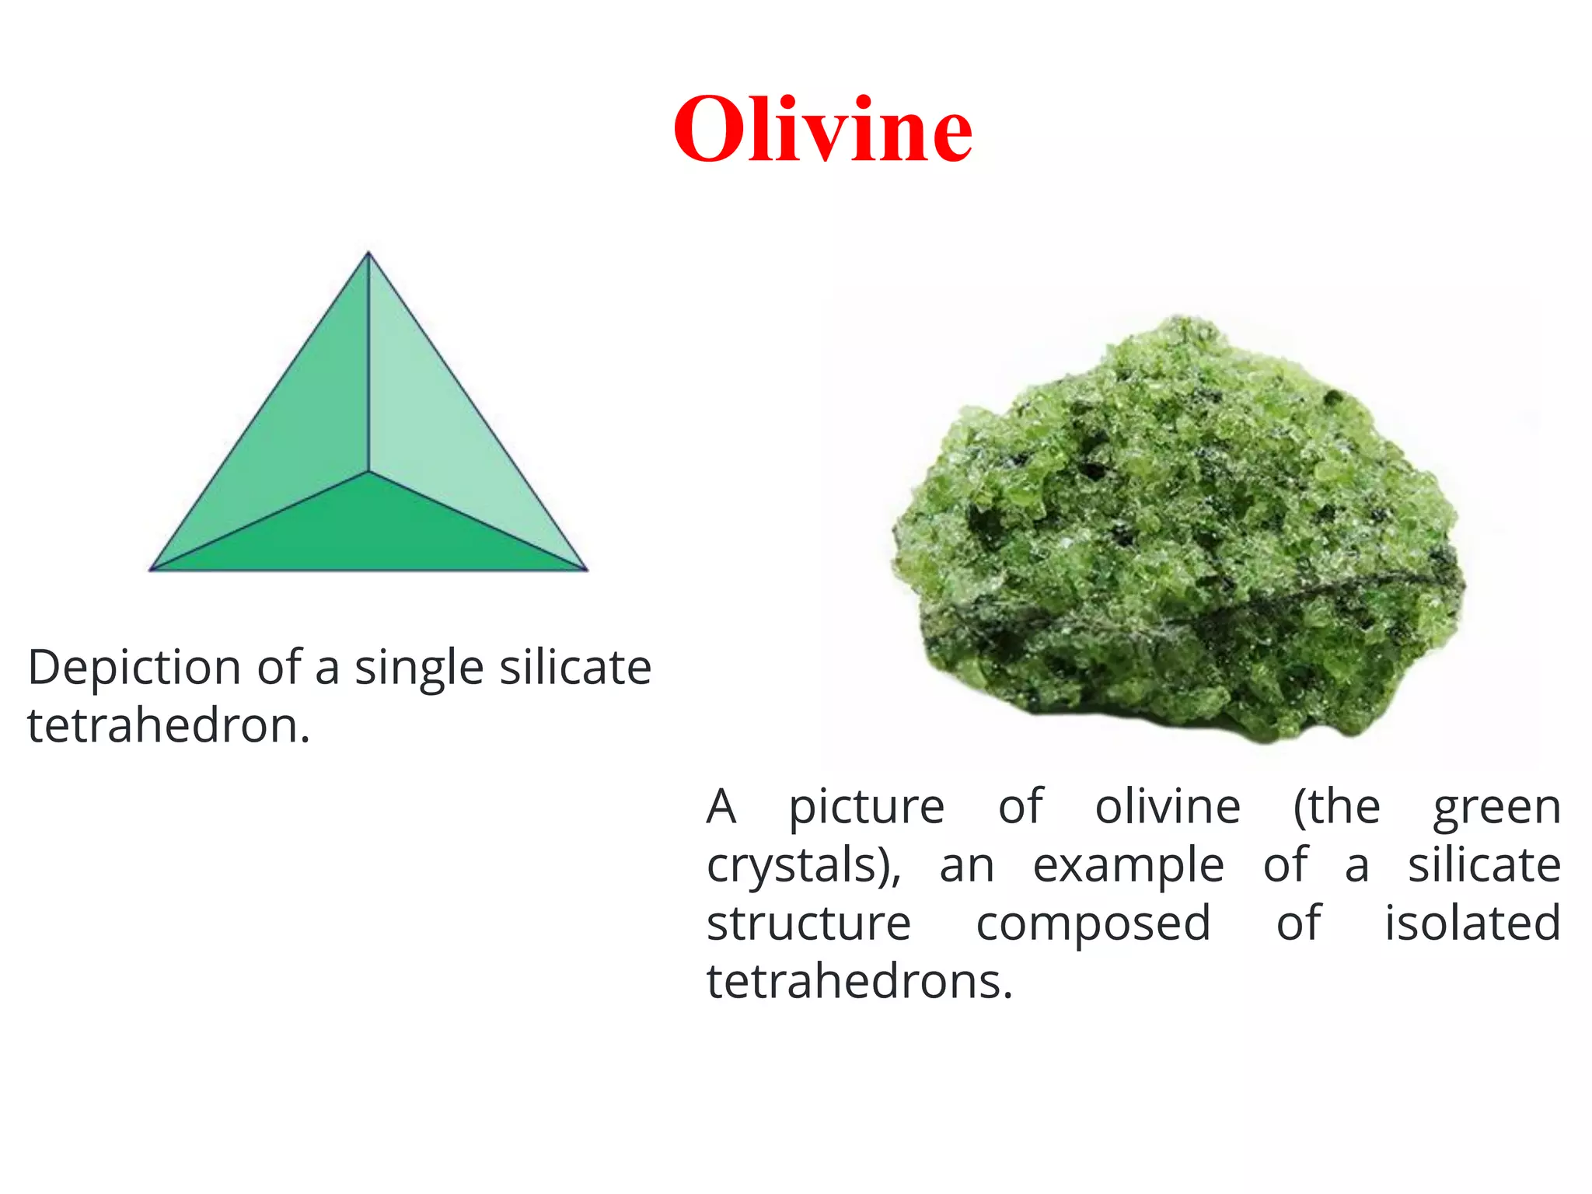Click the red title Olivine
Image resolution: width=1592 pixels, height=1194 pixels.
coord(822,129)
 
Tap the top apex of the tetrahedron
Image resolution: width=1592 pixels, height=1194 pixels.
coord(368,253)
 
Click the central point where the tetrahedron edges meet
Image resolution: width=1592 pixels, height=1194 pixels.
coord(368,471)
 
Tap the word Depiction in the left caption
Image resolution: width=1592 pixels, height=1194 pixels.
coord(134,669)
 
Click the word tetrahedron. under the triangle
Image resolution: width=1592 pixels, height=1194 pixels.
coord(169,726)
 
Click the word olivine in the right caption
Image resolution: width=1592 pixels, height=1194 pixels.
coord(1168,807)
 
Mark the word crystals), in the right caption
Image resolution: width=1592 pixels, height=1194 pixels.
coord(804,866)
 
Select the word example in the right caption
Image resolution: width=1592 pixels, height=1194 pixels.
coord(1128,866)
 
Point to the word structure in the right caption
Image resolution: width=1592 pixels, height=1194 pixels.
coord(808,923)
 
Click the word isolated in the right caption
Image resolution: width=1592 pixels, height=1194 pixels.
coord(1472,923)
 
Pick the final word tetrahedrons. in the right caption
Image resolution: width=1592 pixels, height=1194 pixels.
coord(860,981)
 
